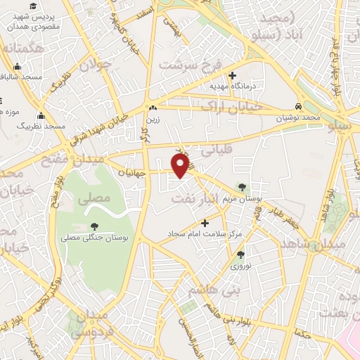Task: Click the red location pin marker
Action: tap(181, 165)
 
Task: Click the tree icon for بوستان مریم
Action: tap(243, 187)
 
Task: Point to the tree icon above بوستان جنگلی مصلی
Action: tap(94, 226)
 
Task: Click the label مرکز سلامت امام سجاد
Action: tap(205, 233)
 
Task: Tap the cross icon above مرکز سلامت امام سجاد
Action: tap(205, 222)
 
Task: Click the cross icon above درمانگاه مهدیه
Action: tap(233, 75)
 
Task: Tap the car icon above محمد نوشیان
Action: tap(299, 107)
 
